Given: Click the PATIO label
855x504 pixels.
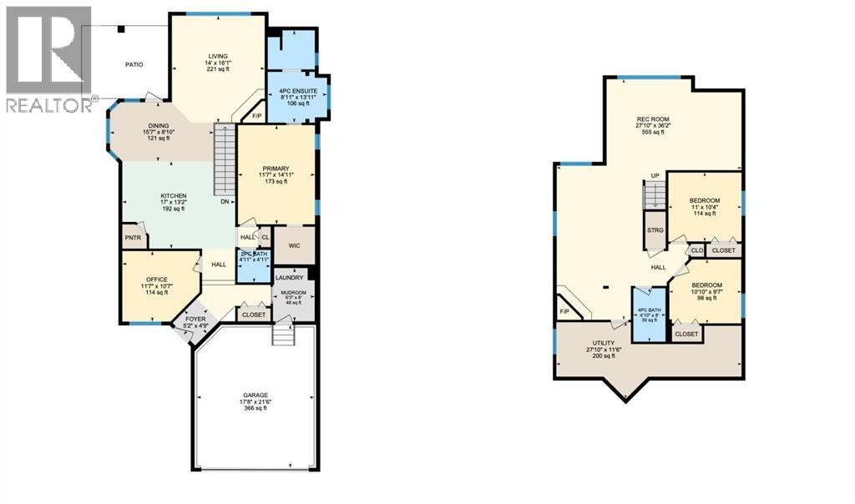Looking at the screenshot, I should point(134,63).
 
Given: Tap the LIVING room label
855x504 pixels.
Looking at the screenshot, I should point(217,56).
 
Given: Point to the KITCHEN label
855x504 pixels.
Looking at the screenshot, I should point(174,196).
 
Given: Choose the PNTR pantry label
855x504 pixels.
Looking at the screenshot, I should point(133,238).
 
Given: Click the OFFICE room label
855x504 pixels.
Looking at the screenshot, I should point(156,279).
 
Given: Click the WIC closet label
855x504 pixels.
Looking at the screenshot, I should point(294,244).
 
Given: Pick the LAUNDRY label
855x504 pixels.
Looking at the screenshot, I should point(289,278).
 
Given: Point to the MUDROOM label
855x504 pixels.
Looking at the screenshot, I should point(295,293).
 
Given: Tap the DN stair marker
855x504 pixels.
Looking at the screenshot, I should point(225,202).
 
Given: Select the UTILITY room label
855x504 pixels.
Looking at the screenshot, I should point(604,343).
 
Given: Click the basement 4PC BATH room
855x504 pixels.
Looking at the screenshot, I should point(648,317).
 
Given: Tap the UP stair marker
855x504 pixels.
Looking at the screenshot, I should point(655,175).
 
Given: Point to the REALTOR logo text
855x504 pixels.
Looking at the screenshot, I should point(48,106).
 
